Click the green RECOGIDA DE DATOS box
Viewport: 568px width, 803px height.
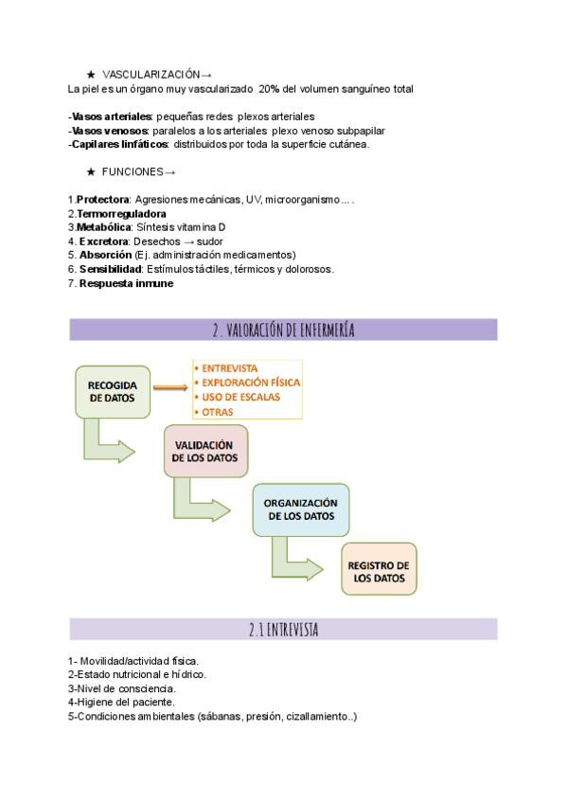[x=113, y=391]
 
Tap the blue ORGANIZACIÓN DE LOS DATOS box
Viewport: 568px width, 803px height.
[x=299, y=509]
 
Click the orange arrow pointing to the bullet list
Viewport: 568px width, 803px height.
[x=170, y=387]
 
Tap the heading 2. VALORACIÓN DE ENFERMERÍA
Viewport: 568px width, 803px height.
[x=283, y=330]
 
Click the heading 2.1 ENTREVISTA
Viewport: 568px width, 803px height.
[x=283, y=630]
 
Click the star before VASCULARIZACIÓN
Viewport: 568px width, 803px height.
[x=91, y=73]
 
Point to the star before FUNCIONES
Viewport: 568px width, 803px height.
[x=91, y=172]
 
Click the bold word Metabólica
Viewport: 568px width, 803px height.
[x=103, y=227]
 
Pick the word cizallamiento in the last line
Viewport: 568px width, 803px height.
[x=317, y=716]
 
